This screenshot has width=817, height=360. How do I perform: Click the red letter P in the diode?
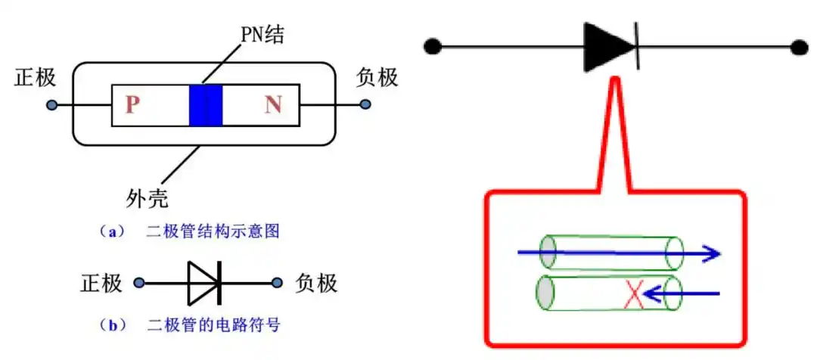tap(133, 104)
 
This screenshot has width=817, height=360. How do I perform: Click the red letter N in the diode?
tap(273, 104)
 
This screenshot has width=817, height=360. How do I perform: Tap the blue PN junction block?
tap(206, 104)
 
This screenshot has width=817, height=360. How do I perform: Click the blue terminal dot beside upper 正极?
tap(51, 104)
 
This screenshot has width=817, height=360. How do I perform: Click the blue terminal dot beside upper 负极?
tap(365, 104)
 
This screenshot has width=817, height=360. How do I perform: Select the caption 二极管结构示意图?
tap(213, 231)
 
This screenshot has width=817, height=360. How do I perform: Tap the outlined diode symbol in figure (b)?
tap(204, 284)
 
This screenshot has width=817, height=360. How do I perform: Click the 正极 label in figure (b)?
tap(101, 283)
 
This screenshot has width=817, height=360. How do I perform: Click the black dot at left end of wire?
tap(432, 47)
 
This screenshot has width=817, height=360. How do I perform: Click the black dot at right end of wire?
tap(800, 47)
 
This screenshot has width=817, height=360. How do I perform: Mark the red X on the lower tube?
tap(634, 294)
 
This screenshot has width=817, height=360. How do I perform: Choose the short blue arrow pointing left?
tap(685, 293)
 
